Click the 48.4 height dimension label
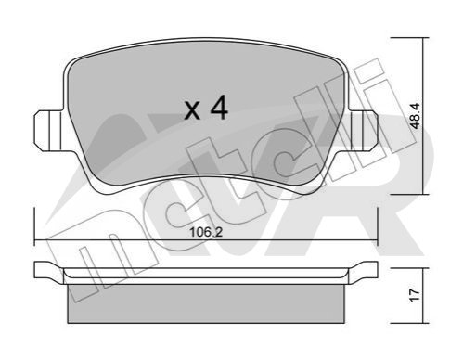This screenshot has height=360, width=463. [x=416, y=116]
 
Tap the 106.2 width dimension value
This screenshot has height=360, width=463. [x=206, y=232]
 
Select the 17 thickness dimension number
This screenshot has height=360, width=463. [x=416, y=295]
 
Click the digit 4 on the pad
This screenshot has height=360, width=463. [x=219, y=108]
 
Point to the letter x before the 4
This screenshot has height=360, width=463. [x=192, y=110]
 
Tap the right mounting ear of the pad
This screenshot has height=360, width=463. [x=363, y=131]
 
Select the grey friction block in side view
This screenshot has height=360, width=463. [x=206, y=303]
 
